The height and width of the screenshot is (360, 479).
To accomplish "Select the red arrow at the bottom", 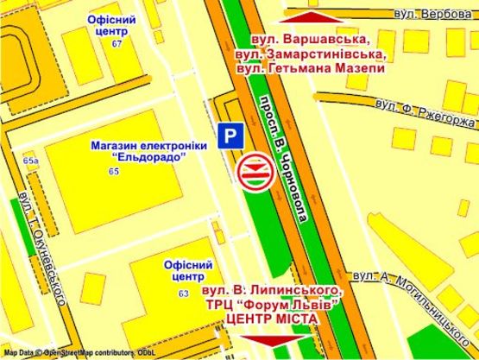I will [280, 340].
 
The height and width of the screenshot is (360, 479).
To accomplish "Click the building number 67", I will [117, 43].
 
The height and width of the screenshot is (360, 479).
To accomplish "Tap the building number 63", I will [183, 294].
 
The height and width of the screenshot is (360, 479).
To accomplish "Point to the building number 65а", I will [31, 161].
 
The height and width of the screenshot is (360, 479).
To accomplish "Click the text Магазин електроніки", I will [149, 146].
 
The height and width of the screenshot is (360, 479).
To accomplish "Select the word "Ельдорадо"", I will [149, 160].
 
